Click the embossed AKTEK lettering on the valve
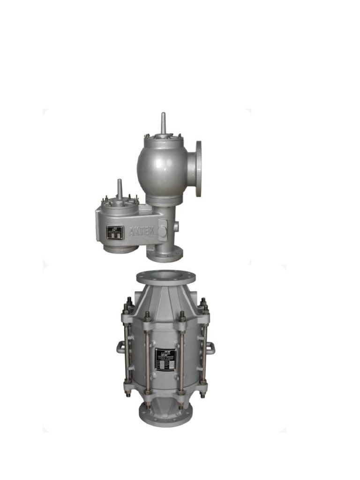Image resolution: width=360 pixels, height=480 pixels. [x=142, y=230]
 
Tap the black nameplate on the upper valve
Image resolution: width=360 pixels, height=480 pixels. [x=115, y=232]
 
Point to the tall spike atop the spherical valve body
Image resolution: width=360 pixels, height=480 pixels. [x=163, y=122]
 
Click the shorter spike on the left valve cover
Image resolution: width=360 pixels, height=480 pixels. [x=120, y=187]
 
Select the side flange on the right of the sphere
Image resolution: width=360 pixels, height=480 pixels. [x=198, y=168]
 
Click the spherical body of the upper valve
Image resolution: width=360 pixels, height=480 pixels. [x=159, y=166]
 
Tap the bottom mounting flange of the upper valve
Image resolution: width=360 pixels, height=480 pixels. [x=164, y=255]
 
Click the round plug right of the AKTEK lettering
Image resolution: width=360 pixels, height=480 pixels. [x=162, y=231]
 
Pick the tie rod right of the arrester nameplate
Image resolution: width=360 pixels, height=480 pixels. [x=182, y=356]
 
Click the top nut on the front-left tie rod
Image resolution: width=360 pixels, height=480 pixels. [x=147, y=315]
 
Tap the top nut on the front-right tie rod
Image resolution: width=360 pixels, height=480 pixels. [x=182, y=315]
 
